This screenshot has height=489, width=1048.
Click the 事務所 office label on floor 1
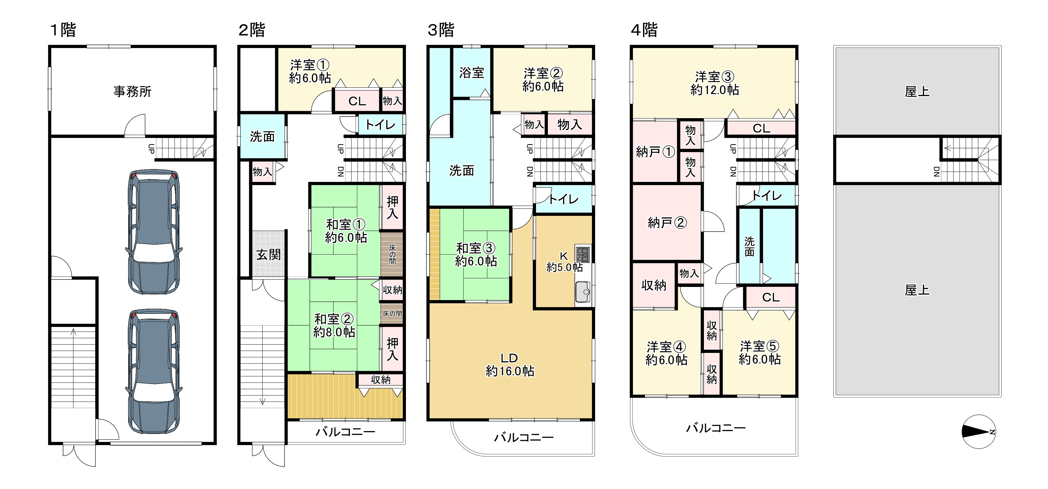[x=132, y=92]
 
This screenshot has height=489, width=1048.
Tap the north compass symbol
[x=979, y=432]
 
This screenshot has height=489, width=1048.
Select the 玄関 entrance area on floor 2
[x=268, y=255]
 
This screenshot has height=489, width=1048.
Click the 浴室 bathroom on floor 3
[x=472, y=73]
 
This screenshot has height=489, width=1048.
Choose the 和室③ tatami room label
[x=475, y=255]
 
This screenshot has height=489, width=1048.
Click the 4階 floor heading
[x=644, y=30]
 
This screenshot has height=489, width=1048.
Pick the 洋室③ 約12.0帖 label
[x=714, y=83]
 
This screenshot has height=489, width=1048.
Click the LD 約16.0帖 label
[x=510, y=365]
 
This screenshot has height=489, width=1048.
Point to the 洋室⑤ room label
[x=759, y=353]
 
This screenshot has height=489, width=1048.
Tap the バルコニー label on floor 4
[x=716, y=428]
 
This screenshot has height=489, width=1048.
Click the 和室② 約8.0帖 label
[x=334, y=325]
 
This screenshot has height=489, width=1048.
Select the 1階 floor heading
[x=63, y=30]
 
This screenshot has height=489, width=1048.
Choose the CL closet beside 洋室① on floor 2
[x=357, y=101]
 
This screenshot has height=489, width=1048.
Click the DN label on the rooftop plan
[x=936, y=172]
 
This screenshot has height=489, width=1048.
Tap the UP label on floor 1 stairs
[x=151, y=149]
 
